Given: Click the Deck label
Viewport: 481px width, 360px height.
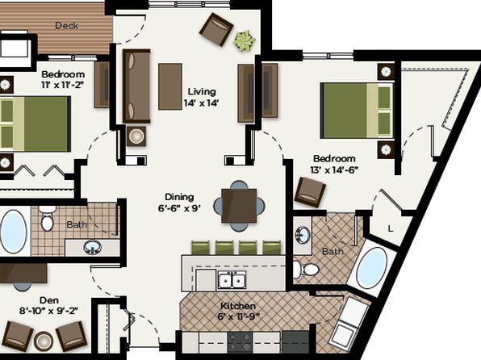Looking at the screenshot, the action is point(66,26).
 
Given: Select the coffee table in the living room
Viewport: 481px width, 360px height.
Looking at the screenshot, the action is point(170,86).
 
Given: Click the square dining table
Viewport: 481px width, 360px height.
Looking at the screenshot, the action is point(239,206).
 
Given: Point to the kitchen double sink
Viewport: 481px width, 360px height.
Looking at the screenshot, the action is point(232,280).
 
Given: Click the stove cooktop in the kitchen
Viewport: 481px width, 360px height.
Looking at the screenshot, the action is point(240,342).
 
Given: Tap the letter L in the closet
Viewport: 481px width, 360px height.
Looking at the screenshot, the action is point(391,228).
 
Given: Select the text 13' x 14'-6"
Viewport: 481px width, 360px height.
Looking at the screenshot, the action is point(334,170).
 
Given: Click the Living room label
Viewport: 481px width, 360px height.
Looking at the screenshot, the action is point(202,91).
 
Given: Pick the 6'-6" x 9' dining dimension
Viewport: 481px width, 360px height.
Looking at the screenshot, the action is point(179,208).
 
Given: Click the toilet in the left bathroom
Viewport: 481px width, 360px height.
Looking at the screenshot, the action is point(48,218).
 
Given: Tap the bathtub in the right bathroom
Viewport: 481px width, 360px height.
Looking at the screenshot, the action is point(371,268).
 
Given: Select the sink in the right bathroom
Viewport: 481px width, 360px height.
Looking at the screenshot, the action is point(303,235).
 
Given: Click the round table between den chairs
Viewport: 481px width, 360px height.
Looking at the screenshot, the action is point(44,341).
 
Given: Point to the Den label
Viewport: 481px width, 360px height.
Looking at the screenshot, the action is point(49,300).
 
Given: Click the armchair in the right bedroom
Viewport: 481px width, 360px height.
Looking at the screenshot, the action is point(310,192).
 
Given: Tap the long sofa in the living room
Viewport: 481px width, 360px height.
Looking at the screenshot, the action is point(136,86).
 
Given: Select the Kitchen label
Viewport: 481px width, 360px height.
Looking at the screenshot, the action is point(238,306).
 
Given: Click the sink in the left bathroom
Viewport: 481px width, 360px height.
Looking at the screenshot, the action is point(92,247).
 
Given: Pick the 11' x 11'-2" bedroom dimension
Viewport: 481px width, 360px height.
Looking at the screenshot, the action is point(63,85).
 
